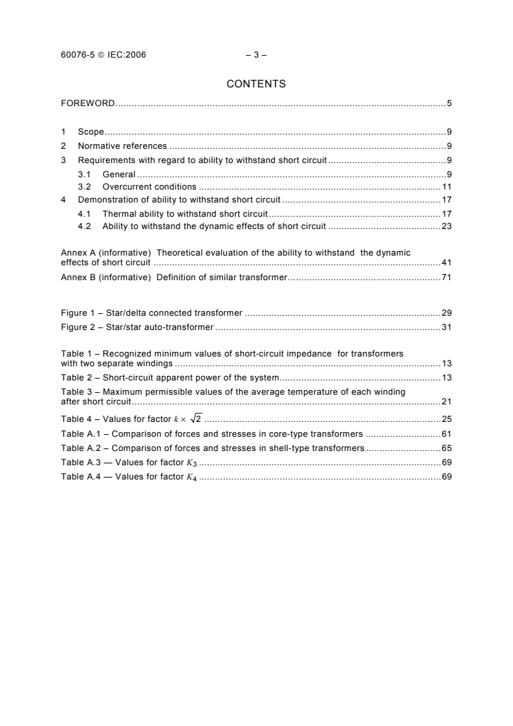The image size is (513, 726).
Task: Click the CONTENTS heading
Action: tap(256, 83)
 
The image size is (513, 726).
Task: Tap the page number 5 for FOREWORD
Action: tap(449, 104)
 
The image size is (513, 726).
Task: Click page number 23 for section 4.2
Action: tap(446, 226)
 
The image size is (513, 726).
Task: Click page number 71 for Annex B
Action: tap(446, 278)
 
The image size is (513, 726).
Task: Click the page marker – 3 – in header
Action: tap(256, 55)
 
